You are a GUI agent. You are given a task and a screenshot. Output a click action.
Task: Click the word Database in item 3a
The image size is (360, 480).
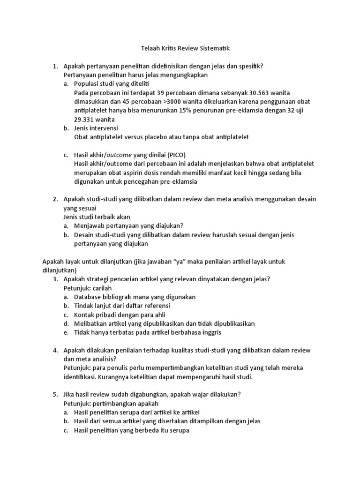click(89, 297)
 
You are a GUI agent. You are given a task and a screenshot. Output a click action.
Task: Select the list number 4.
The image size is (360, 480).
click(55, 350)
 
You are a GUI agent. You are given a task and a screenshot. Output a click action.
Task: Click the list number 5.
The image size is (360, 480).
click(55, 395)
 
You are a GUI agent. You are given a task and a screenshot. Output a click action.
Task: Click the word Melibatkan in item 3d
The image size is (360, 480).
click(90, 323)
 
